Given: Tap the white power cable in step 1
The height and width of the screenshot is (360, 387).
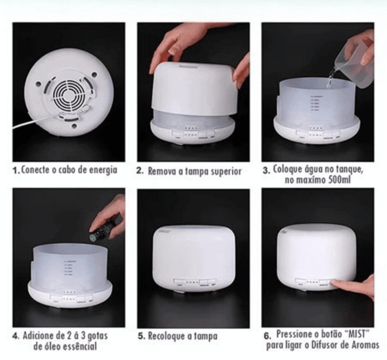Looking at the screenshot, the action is pyautogui.click(x=34, y=122).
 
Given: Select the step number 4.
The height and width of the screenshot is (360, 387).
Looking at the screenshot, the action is pyautogui.click(x=15, y=336).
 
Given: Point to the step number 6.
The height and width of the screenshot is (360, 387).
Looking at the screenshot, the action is pyautogui.click(x=268, y=336).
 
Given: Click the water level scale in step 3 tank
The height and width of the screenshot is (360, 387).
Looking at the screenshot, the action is pyautogui.click(x=314, y=103).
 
